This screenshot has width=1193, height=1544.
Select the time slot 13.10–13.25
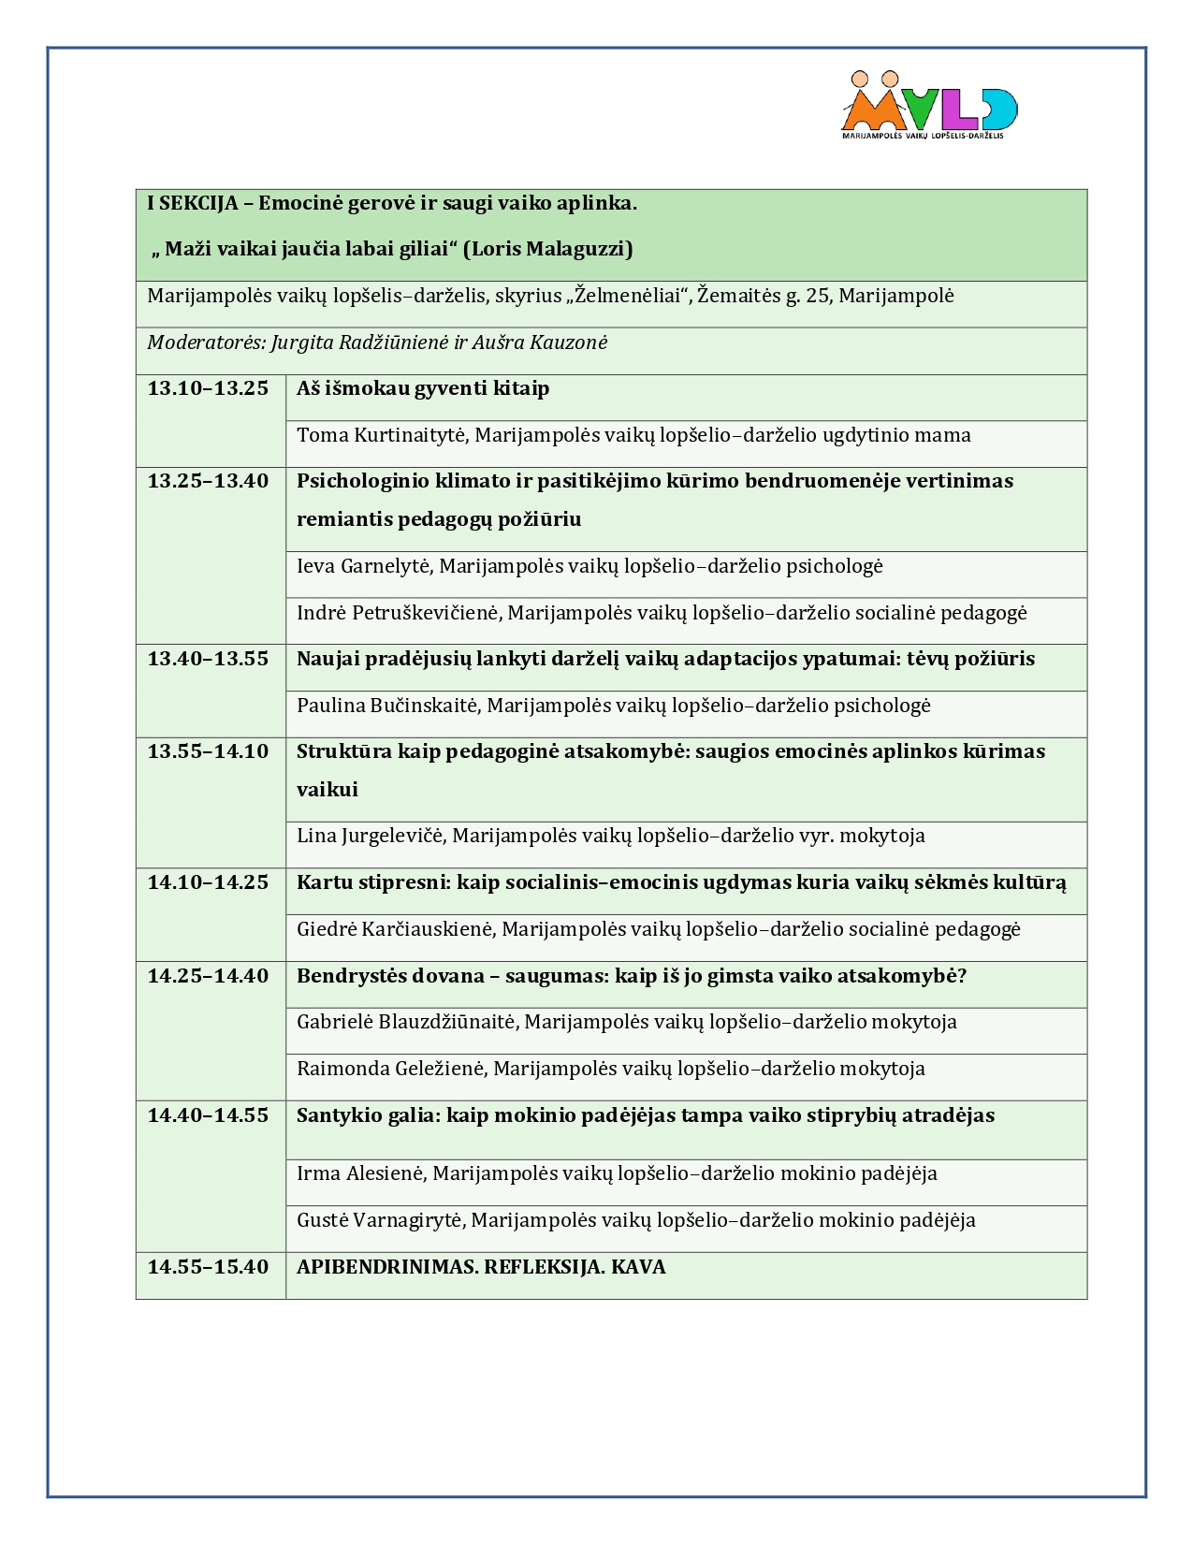click(208, 388)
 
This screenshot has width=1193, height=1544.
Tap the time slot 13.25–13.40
click(208, 481)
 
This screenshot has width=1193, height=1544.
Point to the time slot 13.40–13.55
click(208, 659)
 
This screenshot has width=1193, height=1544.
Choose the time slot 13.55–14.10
click(208, 751)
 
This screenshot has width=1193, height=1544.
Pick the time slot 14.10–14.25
click(208, 882)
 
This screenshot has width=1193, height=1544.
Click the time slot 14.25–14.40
click(208, 976)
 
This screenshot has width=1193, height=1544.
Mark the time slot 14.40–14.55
click(208, 1115)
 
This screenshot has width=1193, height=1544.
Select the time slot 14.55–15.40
click(208, 1267)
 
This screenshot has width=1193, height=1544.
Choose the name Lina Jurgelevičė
click(371, 836)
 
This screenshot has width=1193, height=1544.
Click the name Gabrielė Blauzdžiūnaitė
click(405, 1022)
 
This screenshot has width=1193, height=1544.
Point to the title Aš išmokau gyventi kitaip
click(423, 388)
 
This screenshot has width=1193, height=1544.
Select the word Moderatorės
click(206, 342)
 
